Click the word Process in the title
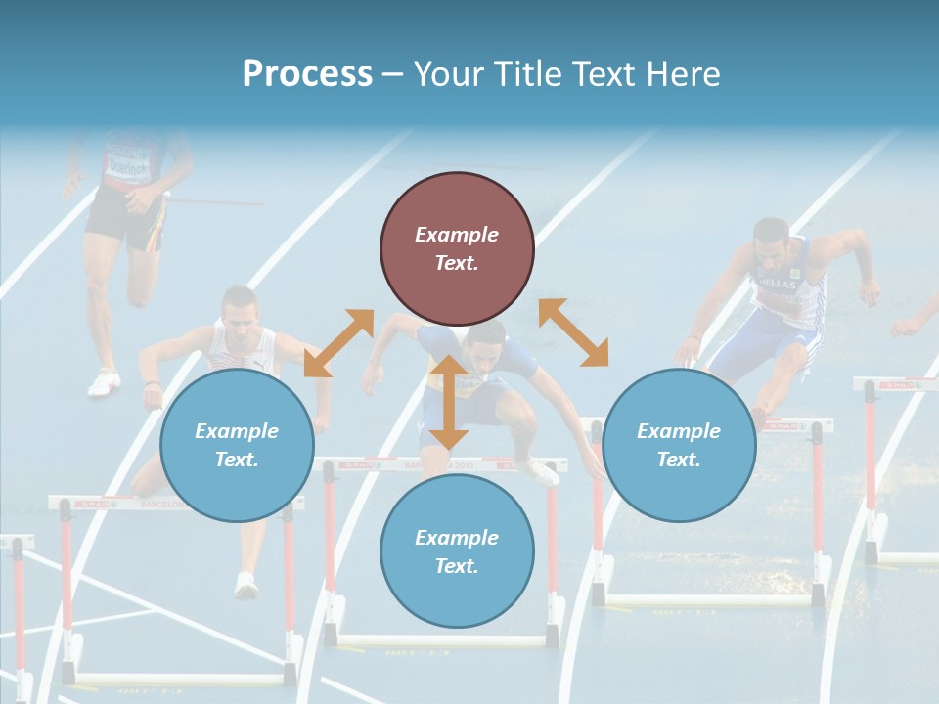[x=307, y=73]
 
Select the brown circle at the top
[x=457, y=248]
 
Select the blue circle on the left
[x=237, y=445]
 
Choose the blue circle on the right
[x=679, y=445]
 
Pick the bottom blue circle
[x=457, y=551]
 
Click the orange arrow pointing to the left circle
[x=338, y=343]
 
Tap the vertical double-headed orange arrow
[x=449, y=402]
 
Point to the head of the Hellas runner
[x=772, y=240]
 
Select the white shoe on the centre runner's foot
[x=539, y=472]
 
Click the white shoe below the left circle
[x=246, y=586]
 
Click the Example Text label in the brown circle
[x=457, y=248]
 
